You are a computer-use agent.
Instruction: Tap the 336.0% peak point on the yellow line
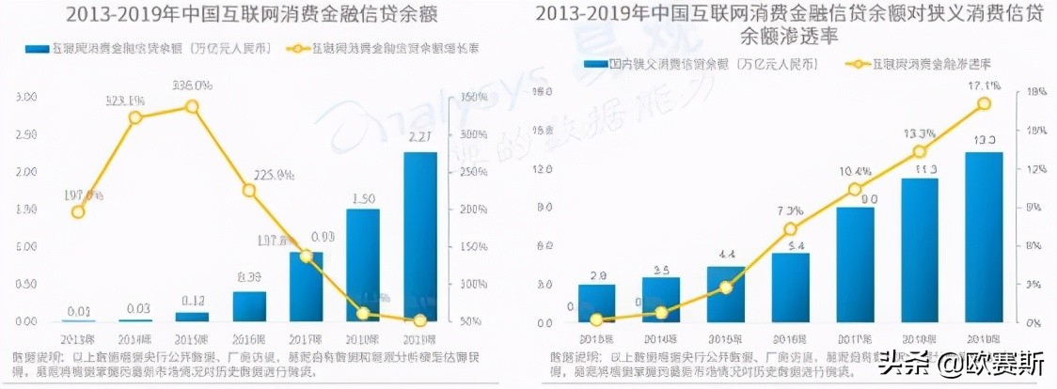pyautogui.click(x=192, y=106)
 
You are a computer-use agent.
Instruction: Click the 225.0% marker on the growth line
pyautogui.click(x=249, y=191)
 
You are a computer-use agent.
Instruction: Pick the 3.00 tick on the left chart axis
pyautogui.click(x=26, y=98)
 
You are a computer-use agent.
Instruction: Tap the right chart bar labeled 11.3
pyautogui.click(x=920, y=250)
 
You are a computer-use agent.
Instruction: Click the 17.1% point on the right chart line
pyautogui.click(x=984, y=103)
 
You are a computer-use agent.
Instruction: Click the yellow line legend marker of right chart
pyautogui.click(x=858, y=64)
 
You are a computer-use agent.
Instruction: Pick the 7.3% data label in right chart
pyautogui.click(x=791, y=210)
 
